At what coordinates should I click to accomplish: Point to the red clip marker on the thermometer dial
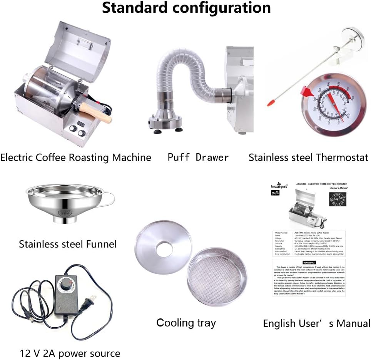coord(307,92)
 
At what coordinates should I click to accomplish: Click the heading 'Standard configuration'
coord(186,8)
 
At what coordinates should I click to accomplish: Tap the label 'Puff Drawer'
coord(198,157)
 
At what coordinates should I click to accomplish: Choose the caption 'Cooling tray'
coord(186,323)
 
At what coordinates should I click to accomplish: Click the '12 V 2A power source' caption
coord(70,353)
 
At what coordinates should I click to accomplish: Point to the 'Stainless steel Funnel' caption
coord(68,244)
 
